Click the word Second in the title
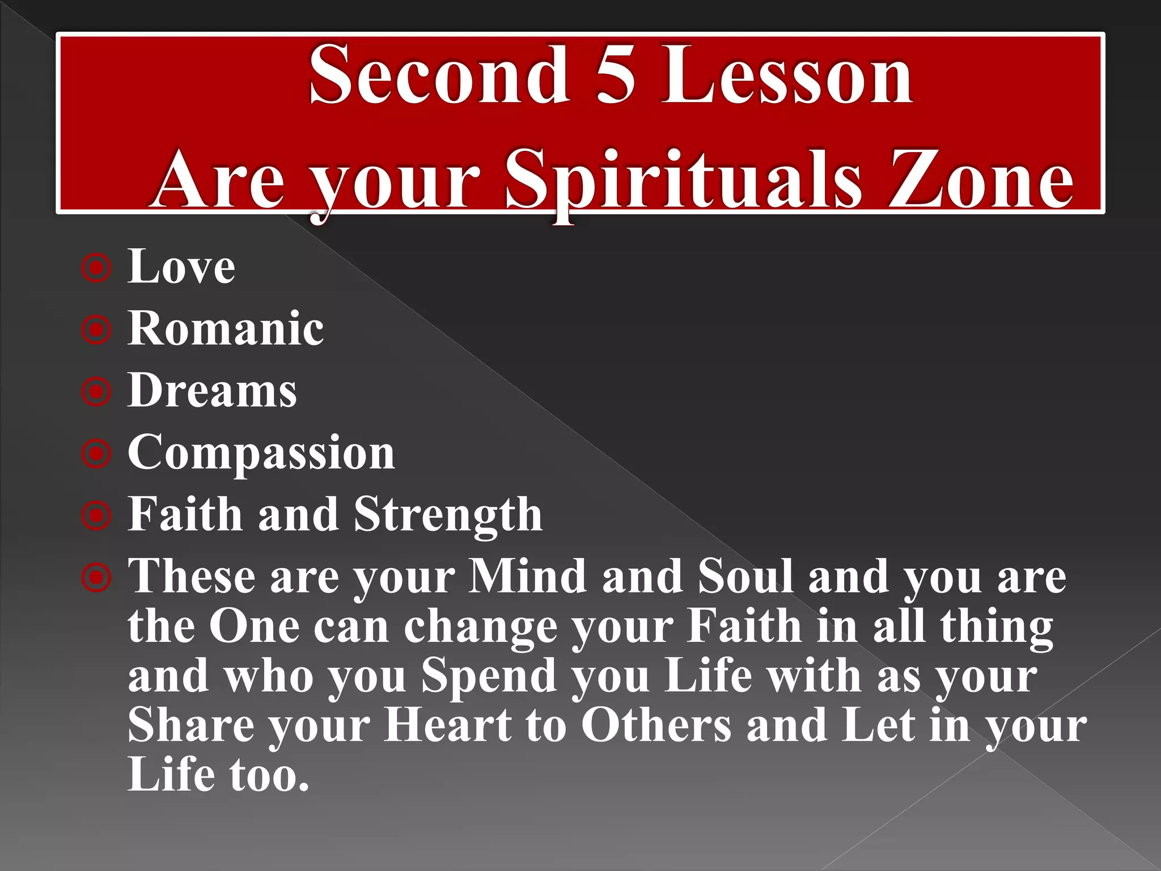(439, 75)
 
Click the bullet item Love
(181, 267)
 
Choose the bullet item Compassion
(261, 453)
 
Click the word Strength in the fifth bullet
(448, 514)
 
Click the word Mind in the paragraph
(527, 577)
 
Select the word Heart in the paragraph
(448, 726)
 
